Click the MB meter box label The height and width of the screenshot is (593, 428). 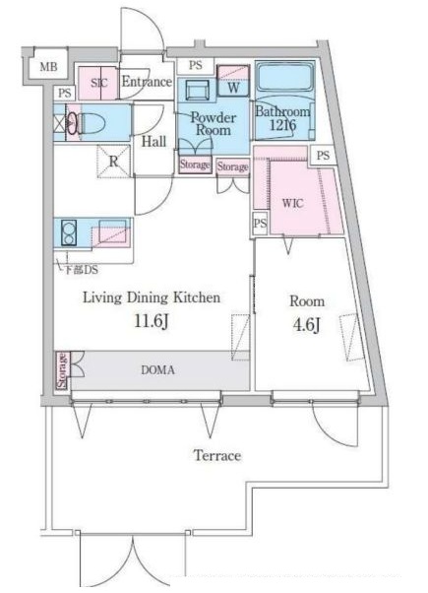pos(49,67)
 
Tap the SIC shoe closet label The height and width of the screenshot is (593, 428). pos(99,83)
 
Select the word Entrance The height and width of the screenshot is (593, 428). pos(147,82)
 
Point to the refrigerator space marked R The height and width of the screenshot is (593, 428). pos(114,162)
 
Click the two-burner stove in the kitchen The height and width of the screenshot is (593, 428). pos(69,232)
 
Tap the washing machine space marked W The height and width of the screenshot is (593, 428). pos(233,88)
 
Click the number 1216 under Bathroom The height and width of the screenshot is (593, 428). pos(282,125)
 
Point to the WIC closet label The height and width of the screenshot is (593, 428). pos(293,203)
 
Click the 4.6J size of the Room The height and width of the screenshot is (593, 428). pos(307,325)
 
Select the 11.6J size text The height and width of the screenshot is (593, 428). pos(152,322)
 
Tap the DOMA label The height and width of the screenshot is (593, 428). pos(157,369)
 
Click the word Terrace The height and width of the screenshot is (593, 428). pos(217,455)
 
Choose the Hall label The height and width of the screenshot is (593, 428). pos(153,142)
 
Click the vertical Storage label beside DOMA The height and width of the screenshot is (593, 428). pos(62,370)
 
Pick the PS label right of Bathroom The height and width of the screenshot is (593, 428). pos(323,156)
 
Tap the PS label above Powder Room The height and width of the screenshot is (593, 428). pos(195,65)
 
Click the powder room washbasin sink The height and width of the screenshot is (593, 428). pos(197,91)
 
